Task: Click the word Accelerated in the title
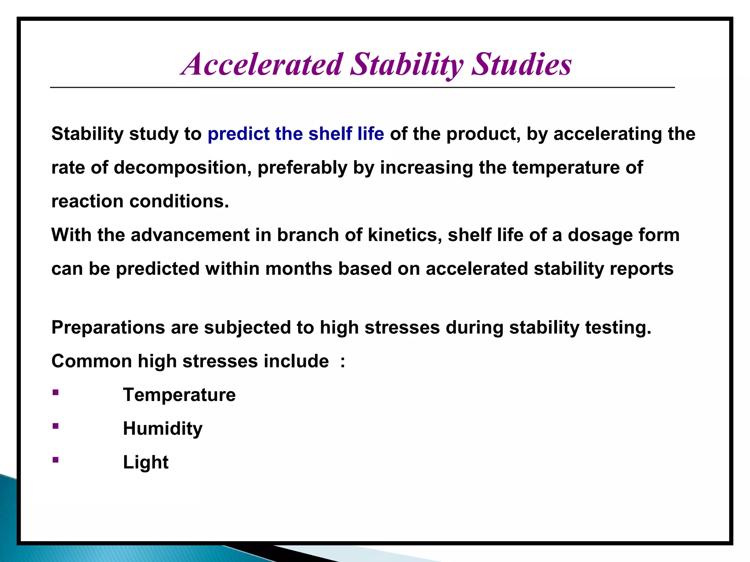pyautogui.click(x=262, y=64)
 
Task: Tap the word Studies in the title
pyautogui.click(x=521, y=64)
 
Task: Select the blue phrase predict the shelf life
pyautogui.click(x=296, y=134)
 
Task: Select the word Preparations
pyautogui.click(x=108, y=327)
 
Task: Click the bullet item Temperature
pyautogui.click(x=179, y=395)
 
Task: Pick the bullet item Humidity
pyautogui.click(x=163, y=428)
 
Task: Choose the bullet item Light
pyautogui.click(x=145, y=462)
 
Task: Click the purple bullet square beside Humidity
pyautogui.click(x=56, y=426)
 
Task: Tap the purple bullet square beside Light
pyautogui.click(x=56, y=460)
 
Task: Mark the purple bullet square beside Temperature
pyautogui.click(x=56, y=393)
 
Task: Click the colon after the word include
pyautogui.click(x=342, y=362)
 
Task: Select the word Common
pyautogui.click(x=92, y=361)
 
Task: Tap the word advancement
pyautogui.click(x=190, y=235)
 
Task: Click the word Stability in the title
pyautogui.click(x=406, y=64)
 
